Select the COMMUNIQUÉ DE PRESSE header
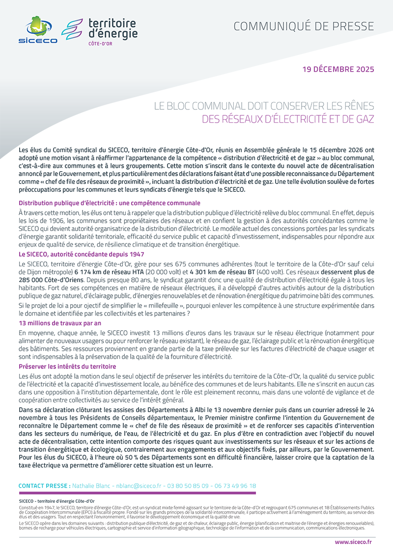304,26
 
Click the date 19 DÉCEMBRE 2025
338,69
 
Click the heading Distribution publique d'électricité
109,203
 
